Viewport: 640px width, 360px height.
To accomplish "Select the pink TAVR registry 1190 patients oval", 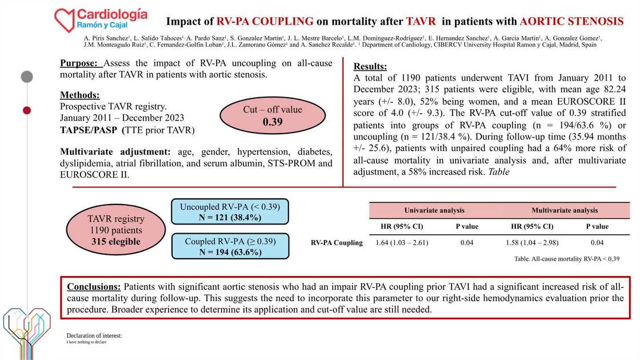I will pos(115,230).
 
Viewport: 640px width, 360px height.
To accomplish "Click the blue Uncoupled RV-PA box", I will pos(230,211).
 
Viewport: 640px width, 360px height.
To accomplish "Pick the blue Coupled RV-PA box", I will pos(230,247).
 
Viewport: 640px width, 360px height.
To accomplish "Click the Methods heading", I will pos(80,95).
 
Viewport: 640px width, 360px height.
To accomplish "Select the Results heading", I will pos(370,66).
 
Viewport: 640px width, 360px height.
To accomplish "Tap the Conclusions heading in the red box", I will pos(93,286).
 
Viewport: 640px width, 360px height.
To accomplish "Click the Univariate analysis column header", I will pos(434,210).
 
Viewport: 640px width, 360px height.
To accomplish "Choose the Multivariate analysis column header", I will pos(565,210).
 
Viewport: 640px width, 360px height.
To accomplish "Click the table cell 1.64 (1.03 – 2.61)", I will pos(402,243).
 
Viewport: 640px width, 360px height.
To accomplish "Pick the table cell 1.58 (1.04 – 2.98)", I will pos(532,243).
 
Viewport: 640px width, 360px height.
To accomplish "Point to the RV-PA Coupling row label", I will pos(337,243).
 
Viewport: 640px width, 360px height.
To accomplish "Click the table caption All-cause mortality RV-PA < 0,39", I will pos(567,259).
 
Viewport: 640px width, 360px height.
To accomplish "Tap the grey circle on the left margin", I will pos(27,77).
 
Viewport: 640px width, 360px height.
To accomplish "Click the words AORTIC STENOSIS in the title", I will pos(571,22).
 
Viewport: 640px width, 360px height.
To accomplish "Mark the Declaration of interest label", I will pos(94,335).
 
